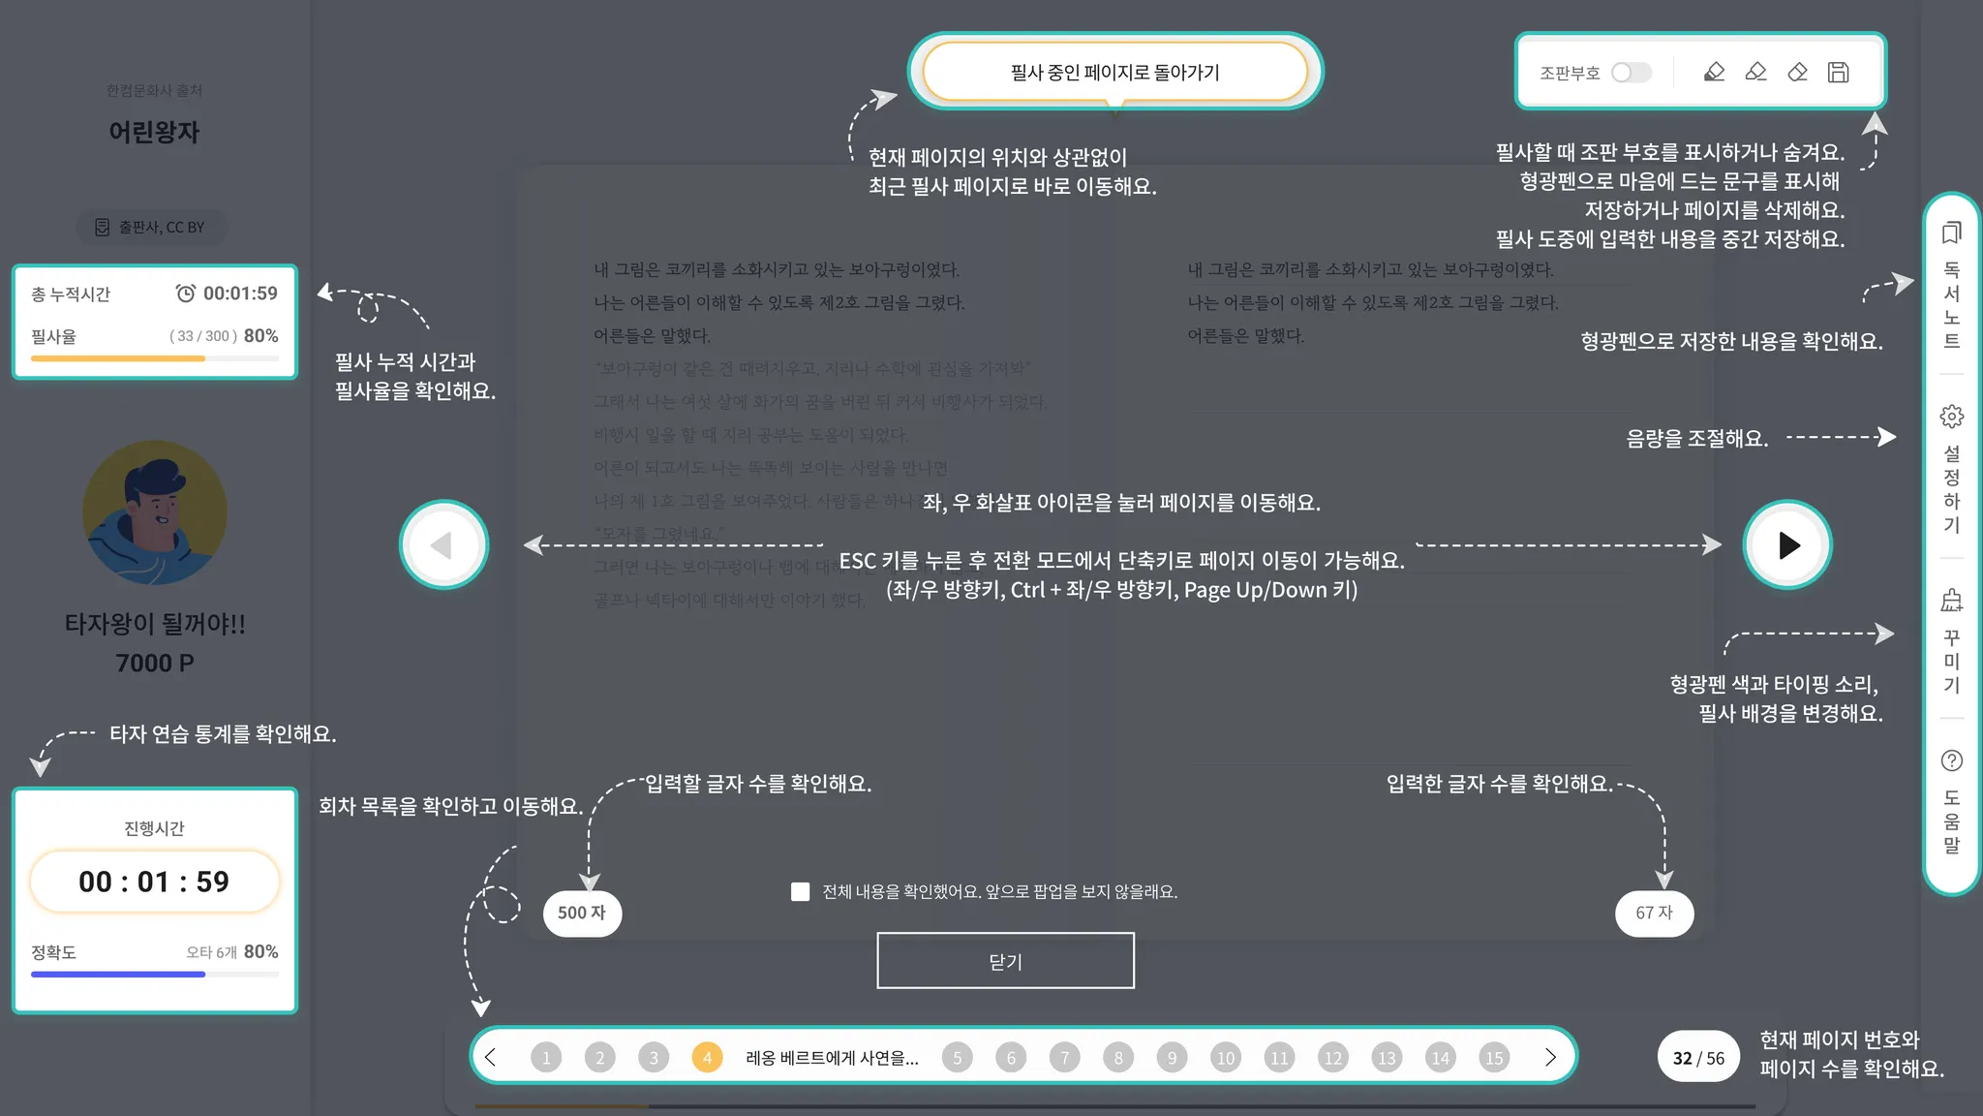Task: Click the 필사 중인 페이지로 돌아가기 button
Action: tap(1114, 72)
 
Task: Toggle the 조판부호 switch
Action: tap(1632, 73)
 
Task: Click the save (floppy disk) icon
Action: tap(1838, 73)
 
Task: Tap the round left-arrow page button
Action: tap(443, 544)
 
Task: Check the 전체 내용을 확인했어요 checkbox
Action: tap(800, 891)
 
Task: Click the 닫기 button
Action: tap(1005, 961)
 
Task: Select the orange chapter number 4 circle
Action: tap(707, 1057)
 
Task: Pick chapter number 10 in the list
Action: tap(1225, 1057)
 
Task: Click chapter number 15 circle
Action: tap(1494, 1057)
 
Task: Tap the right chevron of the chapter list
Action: tap(1549, 1057)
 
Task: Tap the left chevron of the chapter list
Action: tap(491, 1057)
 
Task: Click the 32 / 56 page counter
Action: tap(1698, 1058)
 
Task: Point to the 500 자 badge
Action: tap(582, 913)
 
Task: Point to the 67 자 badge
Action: tap(1654, 913)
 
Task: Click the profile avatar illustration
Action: tap(155, 511)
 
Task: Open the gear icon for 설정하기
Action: tap(1952, 417)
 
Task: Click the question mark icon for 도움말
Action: tap(1952, 760)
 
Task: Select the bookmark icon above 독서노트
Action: tap(1952, 232)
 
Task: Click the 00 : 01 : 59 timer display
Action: tap(155, 882)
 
